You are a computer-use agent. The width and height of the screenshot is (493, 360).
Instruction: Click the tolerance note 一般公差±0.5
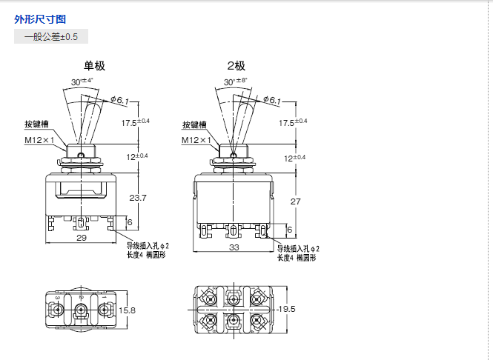(x=51, y=36)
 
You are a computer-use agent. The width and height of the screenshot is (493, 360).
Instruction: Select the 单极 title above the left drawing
(x=94, y=66)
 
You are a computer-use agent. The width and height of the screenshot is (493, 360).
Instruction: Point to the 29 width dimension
(x=82, y=237)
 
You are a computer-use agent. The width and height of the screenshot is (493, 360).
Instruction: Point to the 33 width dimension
(x=235, y=246)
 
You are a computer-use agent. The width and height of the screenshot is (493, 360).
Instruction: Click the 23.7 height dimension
(x=139, y=198)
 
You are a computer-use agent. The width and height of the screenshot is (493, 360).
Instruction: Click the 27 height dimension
(x=295, y=201)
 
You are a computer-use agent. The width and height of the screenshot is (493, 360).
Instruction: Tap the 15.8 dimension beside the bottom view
(x=128, y=310)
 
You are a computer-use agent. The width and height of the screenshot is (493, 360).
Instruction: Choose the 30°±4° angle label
(x=82, y=81)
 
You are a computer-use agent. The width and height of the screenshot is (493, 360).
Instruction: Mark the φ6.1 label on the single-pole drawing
(x=119, y=101)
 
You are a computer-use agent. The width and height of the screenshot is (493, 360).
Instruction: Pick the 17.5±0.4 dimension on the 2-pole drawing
(x=292, y=123)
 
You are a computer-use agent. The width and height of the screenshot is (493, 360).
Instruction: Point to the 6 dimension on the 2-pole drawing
(x=289, y=230)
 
